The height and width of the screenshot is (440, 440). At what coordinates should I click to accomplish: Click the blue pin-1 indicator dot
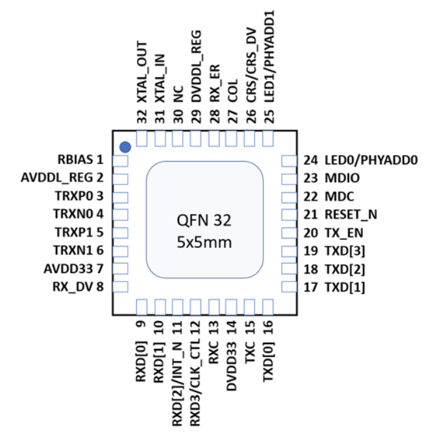click(x=125, y=147)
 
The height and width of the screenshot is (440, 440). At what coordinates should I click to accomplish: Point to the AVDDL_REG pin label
click(x=62, y=177)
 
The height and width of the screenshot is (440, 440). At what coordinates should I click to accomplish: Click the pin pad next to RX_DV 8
click(x=120, y=286)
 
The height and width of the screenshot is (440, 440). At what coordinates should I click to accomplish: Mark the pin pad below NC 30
click(x=177, y=139)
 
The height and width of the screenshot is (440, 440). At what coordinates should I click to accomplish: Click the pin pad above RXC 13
click(x=214, y=306)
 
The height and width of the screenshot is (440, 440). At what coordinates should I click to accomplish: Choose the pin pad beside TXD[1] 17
click(x=288, y=286)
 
